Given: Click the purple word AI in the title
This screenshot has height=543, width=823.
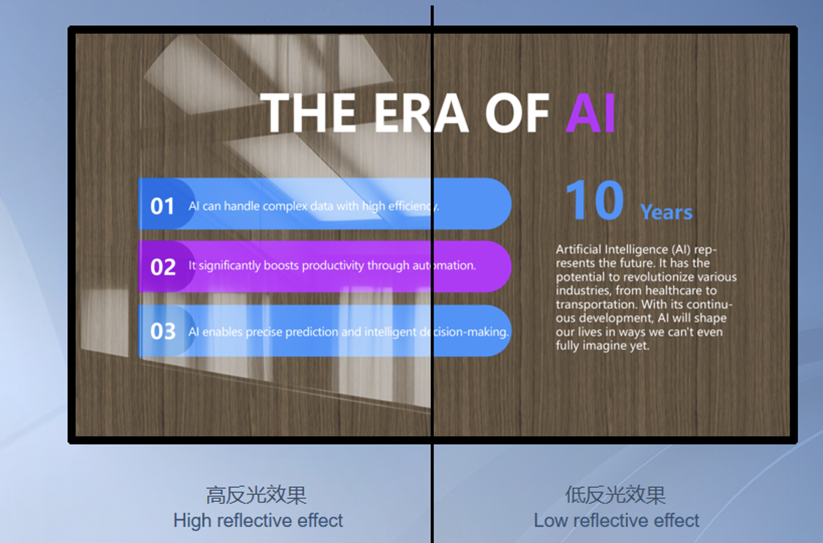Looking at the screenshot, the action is click(x=590, y=112).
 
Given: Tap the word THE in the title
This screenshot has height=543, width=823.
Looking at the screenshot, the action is click(x=308, y=112).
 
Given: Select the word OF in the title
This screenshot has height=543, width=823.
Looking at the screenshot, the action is click(x=518, y=112).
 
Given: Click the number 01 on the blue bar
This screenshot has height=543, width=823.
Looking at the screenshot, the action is click(x=162, y=206).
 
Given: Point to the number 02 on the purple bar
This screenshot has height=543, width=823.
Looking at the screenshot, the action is click(x=163, y=267).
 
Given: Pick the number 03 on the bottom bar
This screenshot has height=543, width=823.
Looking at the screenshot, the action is click(x=163, y=331).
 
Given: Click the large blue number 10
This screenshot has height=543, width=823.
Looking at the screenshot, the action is click(x=595, y=201).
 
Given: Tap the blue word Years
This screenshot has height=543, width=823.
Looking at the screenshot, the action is click(x=666, y=212).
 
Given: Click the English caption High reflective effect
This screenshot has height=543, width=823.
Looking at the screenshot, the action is click(x=258, y=521).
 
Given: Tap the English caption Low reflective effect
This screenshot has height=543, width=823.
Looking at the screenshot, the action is click(x=617, y=520).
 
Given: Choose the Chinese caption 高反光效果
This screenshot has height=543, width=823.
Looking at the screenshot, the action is click(x=256, y=495).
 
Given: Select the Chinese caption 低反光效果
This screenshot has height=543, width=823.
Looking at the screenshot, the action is click(x=615, y=495).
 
